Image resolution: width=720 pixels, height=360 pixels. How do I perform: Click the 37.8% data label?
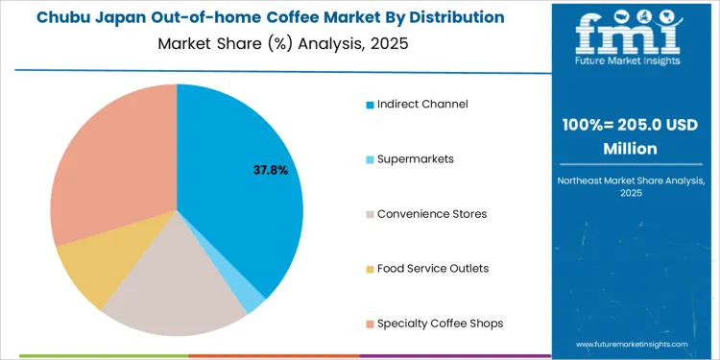coord(270,170)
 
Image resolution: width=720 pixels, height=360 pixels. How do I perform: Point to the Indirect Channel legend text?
coord(422,103)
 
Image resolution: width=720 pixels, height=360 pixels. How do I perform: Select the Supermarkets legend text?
coord(416,157)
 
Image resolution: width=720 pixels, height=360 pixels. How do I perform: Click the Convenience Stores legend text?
coord(432,213)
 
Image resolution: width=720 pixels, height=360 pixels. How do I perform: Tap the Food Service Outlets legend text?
coord(433,268)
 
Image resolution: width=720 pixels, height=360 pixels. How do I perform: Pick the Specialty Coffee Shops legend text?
coord(440,323)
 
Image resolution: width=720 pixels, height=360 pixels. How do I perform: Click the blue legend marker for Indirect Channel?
coord(370,104)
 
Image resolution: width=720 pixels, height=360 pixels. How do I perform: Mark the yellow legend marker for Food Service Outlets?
coord(370,269)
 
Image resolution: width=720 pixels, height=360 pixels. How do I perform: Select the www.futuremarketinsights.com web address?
coord(633,343)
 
